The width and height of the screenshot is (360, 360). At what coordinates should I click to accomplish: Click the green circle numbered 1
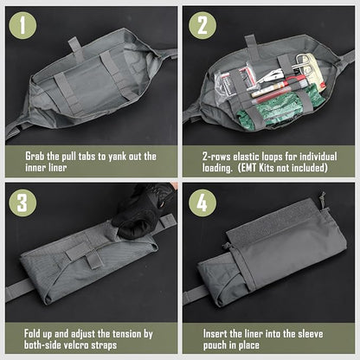tap(22, 26)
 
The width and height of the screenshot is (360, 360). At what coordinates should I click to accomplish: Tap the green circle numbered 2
tap(202, 26)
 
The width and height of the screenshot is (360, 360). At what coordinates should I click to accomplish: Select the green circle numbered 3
tap(22, 202)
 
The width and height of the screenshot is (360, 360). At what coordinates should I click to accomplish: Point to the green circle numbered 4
tap(202, 202)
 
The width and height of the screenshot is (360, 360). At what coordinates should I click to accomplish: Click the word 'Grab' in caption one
tap(35, 157)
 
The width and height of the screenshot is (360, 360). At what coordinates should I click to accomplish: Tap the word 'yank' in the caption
tap(118, 157)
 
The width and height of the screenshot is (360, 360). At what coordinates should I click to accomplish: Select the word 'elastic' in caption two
tap(247, 157)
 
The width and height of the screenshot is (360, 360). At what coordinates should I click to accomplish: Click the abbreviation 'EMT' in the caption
tap(249, 168)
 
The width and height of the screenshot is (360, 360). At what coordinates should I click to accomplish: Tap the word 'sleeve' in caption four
tap(311, 334)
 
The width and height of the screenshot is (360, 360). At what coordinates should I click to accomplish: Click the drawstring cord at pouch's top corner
tap(323, 200)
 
